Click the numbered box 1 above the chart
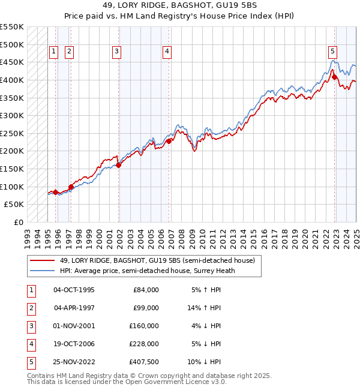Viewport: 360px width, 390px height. coord(53,52)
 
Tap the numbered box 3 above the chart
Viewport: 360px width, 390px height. coord(116,52)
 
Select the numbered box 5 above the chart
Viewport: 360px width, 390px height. coord(332,52)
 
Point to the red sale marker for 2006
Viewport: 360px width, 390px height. coord(169,141)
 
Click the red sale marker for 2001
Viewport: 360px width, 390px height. coord(118,165)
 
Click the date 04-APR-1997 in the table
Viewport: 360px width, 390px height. coord(74,308)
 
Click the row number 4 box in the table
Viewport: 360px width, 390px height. coord(31,344)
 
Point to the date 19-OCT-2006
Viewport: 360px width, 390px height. coord(74,344)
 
